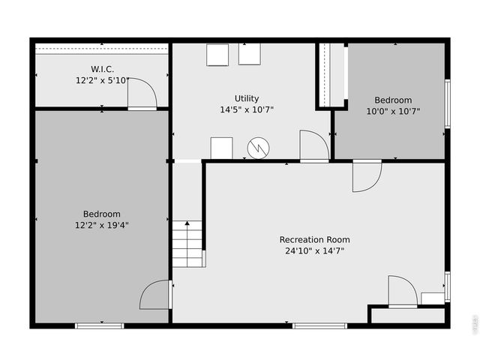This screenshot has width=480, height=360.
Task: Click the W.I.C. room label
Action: pyautogui.click(x=102, y=69)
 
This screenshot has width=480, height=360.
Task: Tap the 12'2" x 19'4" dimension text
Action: pyautogui.click(x=102, y=224)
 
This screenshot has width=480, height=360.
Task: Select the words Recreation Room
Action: pyautogui.click(x=314, y=240)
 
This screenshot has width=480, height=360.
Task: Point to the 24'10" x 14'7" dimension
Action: pyautogui.click(x=314, y=250)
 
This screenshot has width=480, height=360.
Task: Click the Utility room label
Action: pyautogui.click(x=247, y=98)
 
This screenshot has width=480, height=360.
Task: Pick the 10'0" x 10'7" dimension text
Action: pyautogui.click(x=393, y=111)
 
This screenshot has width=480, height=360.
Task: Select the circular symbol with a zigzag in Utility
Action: pyautogui.click(x=257, y=148)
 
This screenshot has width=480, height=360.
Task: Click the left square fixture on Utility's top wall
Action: pyautogui.click(x=217, y=54)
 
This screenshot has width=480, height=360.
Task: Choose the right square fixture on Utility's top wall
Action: pyautogui.click(x=250, y=54)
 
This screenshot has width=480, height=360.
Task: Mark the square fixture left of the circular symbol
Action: pyautogui.click(x=221, y=148)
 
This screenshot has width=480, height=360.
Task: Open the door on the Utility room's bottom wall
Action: pyautogui.click(x=313, y=145)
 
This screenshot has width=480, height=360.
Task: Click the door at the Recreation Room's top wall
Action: pyautogui.click(x=367, y=175)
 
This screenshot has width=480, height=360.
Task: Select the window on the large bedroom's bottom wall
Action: pyautogui.click(x=99, y=325)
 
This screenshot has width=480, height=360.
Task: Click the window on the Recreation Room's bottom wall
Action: pyautogui.click(x=319, y=325)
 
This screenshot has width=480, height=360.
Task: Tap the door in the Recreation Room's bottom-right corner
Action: pyautogui.click(x=402, y=291)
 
